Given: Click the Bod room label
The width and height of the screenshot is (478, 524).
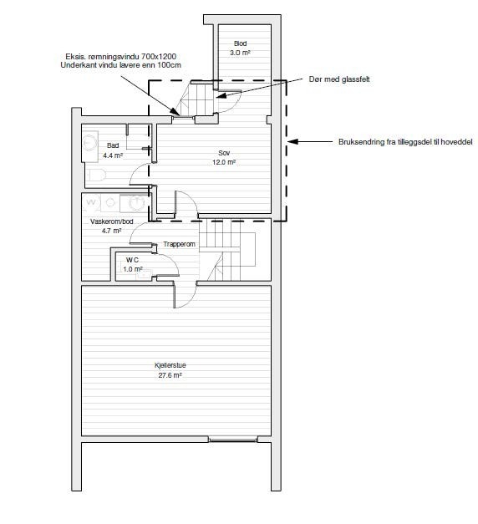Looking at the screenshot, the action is pos(240,43).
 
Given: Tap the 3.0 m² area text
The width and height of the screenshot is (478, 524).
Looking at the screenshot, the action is pos(240,53).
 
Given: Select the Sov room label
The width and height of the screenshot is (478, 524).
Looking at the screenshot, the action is pos(224,153).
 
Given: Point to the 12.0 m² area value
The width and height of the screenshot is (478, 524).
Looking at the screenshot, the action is pos(224,162).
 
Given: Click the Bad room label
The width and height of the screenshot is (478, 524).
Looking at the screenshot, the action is pos(113,145).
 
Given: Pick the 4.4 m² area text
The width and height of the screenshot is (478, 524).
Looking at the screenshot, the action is pos(113,155).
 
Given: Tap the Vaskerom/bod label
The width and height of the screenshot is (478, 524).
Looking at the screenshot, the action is pos(112,221).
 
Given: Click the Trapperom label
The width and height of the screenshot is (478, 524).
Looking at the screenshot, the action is pos(179,244).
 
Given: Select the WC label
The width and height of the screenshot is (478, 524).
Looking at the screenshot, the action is pos(132,260).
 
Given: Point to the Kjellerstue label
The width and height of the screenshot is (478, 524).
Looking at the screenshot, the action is pos(170,365).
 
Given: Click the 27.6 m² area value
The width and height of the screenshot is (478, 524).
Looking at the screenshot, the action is pos(170,375).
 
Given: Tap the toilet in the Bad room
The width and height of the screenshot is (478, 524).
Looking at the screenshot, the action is pos(97,176).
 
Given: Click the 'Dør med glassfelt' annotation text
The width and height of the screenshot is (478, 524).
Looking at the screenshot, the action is pos(339,79).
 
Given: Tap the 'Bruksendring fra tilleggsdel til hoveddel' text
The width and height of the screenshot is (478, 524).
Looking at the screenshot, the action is pos(405,142).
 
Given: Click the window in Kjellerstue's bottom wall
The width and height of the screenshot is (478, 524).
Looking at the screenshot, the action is pos(233,439).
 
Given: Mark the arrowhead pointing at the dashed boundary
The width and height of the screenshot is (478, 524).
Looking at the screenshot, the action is pos(292,142).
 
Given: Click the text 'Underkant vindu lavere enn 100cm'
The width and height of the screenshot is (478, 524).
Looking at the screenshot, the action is pos(120,65).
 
